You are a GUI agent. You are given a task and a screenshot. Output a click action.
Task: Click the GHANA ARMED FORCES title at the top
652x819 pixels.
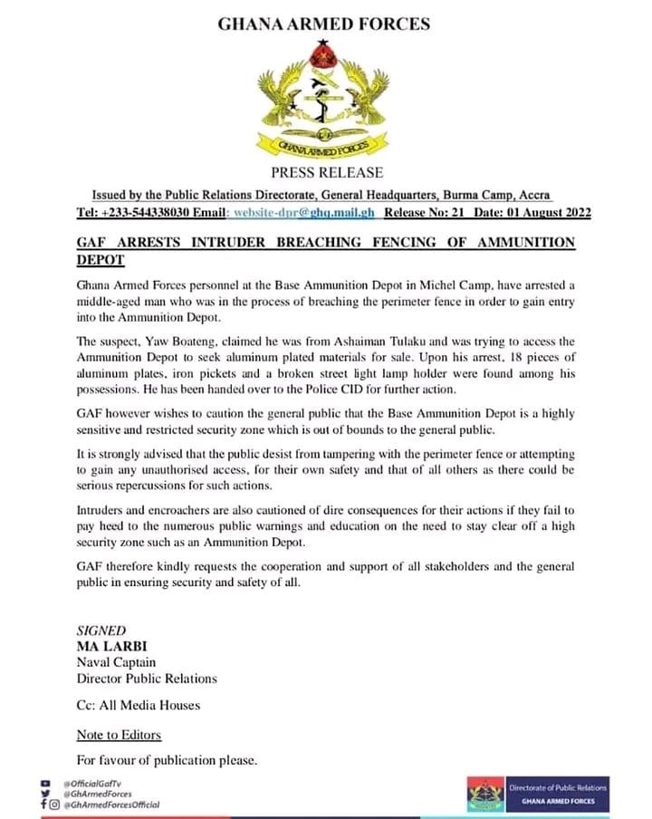tap(324, 24)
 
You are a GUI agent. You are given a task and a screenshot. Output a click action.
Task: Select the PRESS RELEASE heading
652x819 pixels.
tap(327, 172)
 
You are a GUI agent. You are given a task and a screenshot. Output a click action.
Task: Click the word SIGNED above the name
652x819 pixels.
tap(101, 631)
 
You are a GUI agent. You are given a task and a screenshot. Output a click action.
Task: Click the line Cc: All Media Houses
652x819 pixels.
tap(139, 704)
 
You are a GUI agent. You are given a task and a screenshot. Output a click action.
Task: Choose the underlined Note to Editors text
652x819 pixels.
tap(119, 734)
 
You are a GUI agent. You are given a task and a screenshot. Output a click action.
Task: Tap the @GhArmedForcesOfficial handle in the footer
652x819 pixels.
tap(110, 805)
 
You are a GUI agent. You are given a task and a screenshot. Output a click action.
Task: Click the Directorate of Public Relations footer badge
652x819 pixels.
tap(537, 794)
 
